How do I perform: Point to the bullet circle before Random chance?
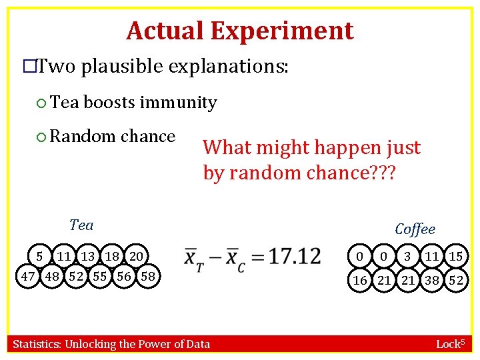click(x=41, y=137)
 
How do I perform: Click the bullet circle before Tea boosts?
click(x=41, y=103)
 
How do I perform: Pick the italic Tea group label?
click(x=81, y=225)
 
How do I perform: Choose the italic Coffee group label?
click(x=415, y=229)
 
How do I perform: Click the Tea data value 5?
click(x=40, y=256)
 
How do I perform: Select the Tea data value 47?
click(x=28, y=275)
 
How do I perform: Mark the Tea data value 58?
click(x=149, y=275)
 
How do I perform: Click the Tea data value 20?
click(x=136, y=256)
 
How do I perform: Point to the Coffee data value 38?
click(x=432, y=280)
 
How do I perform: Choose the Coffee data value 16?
click(x=360, y=280)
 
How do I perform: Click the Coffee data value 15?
click(x=456, y=256)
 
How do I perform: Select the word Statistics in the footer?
click(x=37, y=344)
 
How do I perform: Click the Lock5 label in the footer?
click(x=450, y=344)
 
